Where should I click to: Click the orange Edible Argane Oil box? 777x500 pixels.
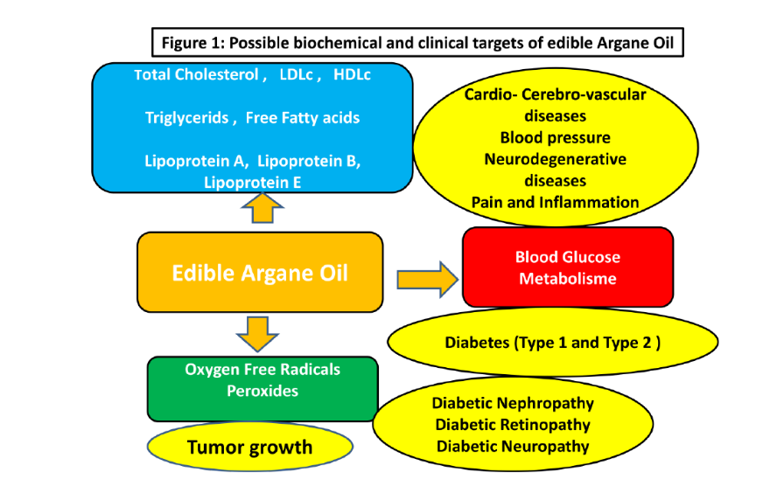point(260,273)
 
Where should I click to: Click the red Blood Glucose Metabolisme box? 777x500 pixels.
point(567,268)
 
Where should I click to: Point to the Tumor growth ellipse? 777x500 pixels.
point(249,448)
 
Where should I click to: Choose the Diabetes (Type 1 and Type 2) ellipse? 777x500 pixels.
point(552,342)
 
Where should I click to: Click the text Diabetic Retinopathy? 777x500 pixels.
point(513,425)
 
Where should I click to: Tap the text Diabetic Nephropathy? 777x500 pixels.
point(513,404)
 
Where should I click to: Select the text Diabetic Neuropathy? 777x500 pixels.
point(513,446)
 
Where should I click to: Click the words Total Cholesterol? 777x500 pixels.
point(198,75)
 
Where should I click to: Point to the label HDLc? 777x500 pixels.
point(352,75)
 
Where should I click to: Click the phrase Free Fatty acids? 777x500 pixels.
point(303,118)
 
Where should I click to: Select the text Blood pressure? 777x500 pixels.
point(555,137)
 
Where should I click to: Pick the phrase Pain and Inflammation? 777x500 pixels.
point(555,202)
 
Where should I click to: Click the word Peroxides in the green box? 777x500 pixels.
point(262,391)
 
